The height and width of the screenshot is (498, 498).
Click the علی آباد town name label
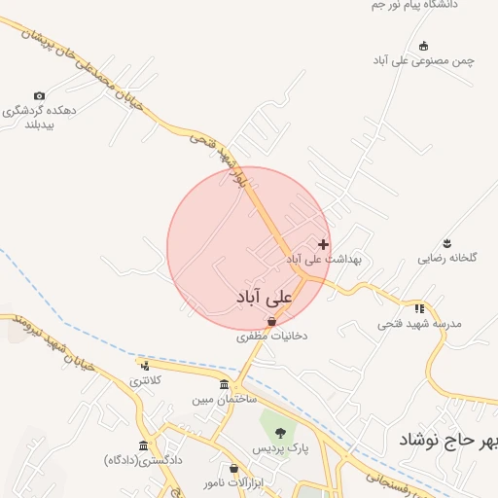point(264,295)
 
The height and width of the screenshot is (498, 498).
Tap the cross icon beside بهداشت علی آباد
point(323,244)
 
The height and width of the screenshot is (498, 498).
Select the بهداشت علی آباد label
point(323,260)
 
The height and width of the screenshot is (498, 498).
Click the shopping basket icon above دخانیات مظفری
point(271,321)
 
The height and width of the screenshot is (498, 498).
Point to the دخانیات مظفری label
point(271,337)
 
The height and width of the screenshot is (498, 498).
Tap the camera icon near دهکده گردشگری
point(39,95)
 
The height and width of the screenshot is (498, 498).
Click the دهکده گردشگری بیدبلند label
point(40,118)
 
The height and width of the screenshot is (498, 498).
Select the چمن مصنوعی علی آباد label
point(423,60)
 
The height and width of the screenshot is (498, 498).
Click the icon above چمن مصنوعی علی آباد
point(423,46)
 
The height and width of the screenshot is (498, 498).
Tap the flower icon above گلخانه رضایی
point(447,242)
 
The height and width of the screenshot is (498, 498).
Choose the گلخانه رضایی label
point(447,259)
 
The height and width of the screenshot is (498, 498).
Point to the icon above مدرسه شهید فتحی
point(419,307)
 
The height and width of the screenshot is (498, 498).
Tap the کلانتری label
point(145,380)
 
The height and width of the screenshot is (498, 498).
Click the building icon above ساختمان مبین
point(225,385)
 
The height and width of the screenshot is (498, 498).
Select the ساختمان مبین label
point(223,400)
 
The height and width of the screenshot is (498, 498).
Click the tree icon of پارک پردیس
point(281,433)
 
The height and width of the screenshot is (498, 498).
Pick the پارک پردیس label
point(281,448)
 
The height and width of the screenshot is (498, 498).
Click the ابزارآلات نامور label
point(233,483)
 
